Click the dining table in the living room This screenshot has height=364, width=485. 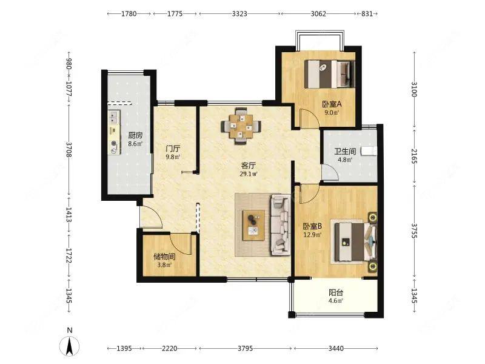(241, 126)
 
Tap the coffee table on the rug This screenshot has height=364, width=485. (253, 225)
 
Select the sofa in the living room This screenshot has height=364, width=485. (281, 224)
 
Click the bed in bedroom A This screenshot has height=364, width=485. (329, 74)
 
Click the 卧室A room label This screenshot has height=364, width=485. (332, 104)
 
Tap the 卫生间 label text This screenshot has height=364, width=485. (345, 152)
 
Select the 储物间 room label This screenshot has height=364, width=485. (164, 257)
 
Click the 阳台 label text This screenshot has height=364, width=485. (336, 292)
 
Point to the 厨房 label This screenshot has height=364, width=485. (135, 135)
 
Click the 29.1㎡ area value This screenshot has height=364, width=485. (249, 174)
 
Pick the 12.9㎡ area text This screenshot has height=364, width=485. (312, 235)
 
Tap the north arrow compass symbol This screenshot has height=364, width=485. (70, 345)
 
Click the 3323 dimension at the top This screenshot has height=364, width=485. (239, 13)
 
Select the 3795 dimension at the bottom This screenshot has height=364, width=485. (246, 348)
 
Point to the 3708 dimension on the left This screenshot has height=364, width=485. (69, 149)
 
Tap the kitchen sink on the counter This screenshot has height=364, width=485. (114, 116)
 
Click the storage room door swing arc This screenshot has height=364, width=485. (181, 244)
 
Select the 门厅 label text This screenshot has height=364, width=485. (173, 149)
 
